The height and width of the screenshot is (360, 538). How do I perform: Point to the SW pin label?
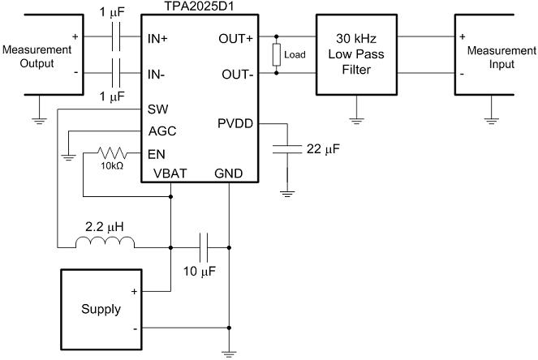157,109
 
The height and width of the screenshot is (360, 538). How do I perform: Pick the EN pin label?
156,153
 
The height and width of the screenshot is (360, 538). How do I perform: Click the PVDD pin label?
235,124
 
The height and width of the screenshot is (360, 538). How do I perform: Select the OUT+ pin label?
236,38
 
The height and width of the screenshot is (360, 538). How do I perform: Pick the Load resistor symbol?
277,55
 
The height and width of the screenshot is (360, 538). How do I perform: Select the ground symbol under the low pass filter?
356,120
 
